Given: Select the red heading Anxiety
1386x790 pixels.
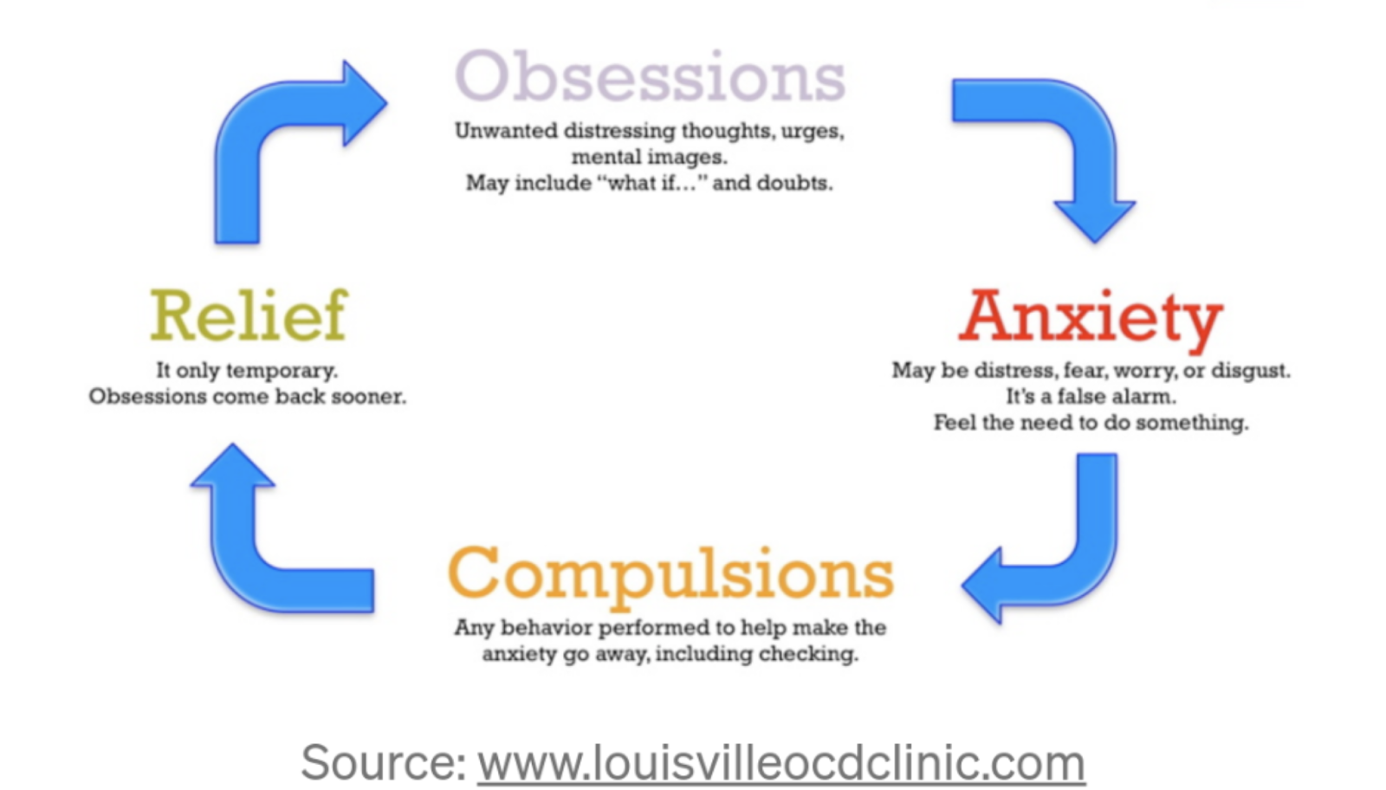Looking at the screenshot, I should (1091, 317).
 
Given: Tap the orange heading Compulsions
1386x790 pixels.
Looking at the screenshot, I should (670, 573).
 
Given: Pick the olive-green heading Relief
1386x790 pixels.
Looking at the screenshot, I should (249, 315).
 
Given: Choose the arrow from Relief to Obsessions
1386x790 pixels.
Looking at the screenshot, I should (277, 130).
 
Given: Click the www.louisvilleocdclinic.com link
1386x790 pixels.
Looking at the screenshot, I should (780, 763).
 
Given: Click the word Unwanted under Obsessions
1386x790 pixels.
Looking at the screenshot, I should (506, 131).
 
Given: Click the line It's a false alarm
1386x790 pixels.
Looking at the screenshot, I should (1091, 397).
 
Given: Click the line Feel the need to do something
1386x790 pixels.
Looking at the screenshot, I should (1091, 423).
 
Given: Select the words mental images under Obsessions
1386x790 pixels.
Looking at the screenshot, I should (649, 157).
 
